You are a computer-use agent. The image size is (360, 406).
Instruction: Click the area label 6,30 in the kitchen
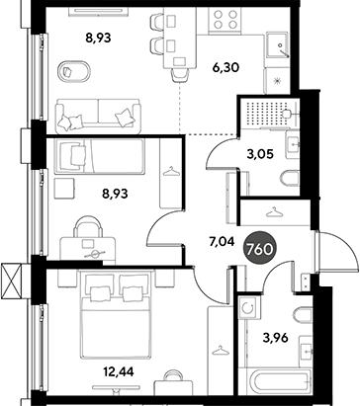225,68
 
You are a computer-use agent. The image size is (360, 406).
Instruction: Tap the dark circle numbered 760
259,249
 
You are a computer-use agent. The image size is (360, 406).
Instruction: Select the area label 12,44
119,372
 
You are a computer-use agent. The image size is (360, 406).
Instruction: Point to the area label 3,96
276,338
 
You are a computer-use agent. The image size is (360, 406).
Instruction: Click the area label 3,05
260,154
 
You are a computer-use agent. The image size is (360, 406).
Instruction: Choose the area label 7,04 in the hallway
222,242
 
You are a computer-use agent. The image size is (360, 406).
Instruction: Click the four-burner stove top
225,20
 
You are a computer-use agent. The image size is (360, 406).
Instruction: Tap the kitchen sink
278,44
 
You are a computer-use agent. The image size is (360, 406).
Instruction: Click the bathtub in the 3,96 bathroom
275,382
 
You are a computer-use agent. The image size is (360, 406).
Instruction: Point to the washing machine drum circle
247,308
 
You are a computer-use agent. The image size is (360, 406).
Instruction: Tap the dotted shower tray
269,114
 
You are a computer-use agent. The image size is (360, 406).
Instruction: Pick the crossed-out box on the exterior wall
12,281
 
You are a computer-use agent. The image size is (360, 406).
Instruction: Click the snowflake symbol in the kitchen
278,81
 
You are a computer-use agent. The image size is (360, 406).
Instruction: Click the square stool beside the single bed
64,189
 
